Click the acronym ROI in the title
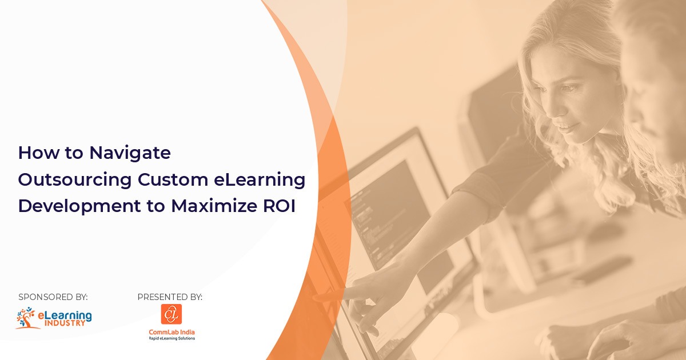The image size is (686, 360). [x=280, y=206]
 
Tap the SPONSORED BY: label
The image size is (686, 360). [x=53, y=297]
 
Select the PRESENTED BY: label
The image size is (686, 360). [x=170, y=297]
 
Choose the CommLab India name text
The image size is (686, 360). [x=171, y=331]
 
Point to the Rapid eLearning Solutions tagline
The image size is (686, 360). [x=171, y=338]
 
